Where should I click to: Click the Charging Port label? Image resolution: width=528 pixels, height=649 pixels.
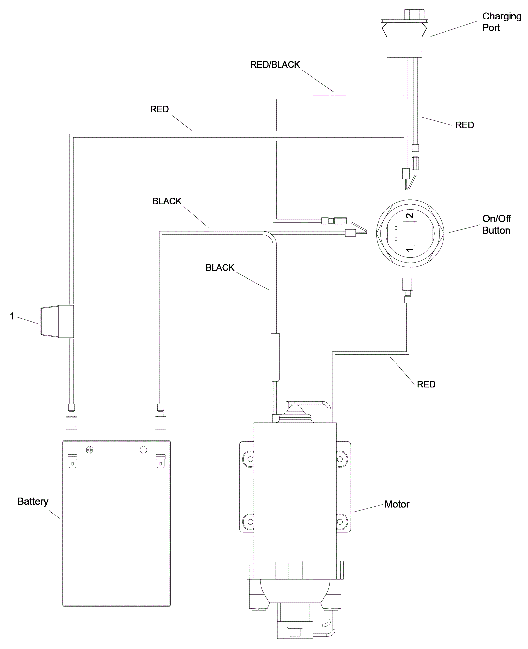coord(501,22)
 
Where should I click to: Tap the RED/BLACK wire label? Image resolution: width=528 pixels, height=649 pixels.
coord(275,65)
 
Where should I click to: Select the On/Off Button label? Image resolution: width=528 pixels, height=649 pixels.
coord(496,224)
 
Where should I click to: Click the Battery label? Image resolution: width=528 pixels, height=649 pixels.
coord(33,501)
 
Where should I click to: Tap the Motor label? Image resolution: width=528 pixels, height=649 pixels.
coord(397,504)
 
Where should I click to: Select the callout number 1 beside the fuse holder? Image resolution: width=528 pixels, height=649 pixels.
coord(12,316)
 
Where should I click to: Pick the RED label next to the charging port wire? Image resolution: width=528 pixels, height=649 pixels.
coord(464,125)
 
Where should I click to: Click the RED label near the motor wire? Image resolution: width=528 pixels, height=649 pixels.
coord(426,384)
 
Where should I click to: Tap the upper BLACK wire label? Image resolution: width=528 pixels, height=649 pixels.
coord(167,201)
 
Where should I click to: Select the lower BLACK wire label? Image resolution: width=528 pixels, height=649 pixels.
coord(220,267)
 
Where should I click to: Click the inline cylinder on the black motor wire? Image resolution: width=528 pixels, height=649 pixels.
coord(275,357)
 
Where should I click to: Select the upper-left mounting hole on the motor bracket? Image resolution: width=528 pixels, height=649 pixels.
coord(250,459)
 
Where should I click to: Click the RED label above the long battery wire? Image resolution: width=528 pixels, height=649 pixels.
coord(159,109)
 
